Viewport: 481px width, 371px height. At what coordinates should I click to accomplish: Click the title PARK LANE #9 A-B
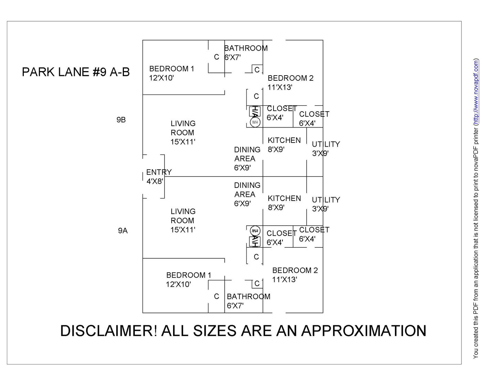76,72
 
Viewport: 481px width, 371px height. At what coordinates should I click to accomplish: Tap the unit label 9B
121,120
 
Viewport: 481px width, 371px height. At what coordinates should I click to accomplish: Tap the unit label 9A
123,231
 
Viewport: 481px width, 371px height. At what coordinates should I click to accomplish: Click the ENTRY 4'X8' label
159,177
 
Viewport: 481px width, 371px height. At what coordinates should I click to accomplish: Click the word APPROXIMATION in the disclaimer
364,331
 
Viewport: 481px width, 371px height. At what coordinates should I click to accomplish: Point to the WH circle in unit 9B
255,122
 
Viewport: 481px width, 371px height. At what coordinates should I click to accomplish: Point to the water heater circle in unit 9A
255,231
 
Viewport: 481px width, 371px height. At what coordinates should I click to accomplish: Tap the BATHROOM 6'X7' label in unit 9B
246,53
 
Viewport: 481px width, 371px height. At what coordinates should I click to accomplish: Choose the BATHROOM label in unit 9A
248,296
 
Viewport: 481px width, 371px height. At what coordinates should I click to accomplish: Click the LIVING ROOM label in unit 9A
183,221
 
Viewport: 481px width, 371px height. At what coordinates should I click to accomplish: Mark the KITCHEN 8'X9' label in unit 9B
284,145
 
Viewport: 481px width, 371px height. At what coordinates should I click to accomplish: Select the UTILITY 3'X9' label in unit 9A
325,204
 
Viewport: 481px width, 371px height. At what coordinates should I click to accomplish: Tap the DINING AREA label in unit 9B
247,159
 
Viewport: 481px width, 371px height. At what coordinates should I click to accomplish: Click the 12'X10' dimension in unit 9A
178,284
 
